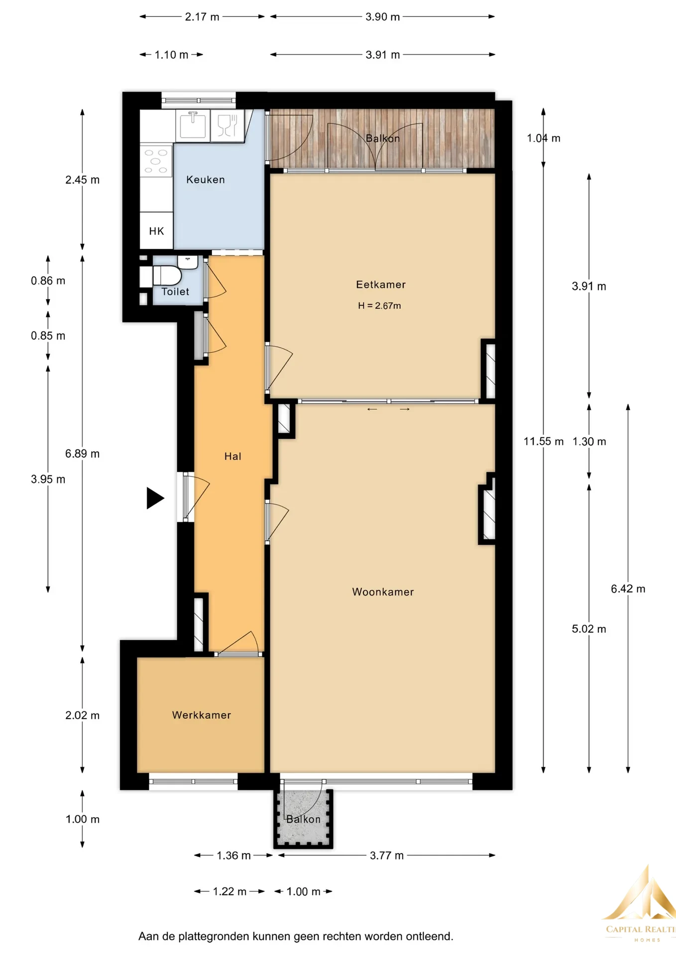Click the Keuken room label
coord(205,180)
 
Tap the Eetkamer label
coord(381,285)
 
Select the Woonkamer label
coord(383,592)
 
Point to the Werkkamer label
coord(202,715)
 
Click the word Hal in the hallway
coord(232,456)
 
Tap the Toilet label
coord(175,292)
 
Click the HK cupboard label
coord(156,231)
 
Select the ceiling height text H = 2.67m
coord(379,306)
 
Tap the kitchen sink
coord(193,124)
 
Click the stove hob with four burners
coord(156,161)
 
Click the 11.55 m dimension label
coord(544,441)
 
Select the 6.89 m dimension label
coord(82,454)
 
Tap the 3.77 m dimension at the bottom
coord(387,856)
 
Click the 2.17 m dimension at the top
coord(202,17)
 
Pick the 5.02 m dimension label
coord(589,629)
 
